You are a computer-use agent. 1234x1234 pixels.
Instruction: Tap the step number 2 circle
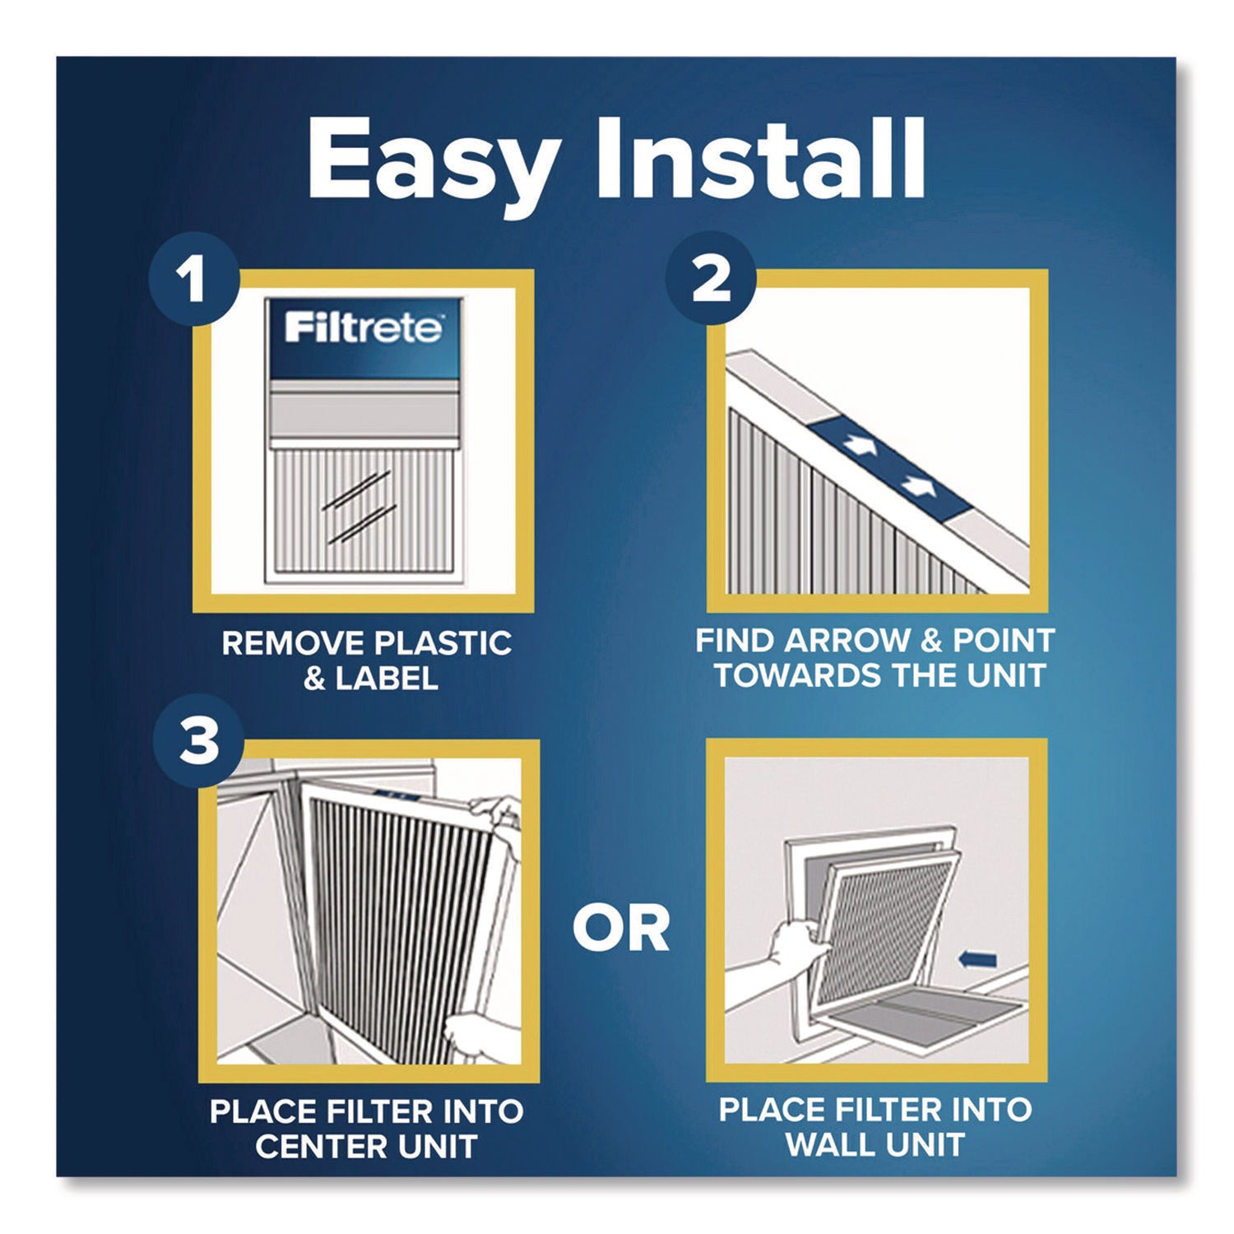(x=711, y=280)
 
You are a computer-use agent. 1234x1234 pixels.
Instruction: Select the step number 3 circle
(x=198, y=741)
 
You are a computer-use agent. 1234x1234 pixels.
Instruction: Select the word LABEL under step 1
(x=386, y=679)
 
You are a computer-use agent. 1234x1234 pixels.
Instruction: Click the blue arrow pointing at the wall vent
(x=978, y=959)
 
